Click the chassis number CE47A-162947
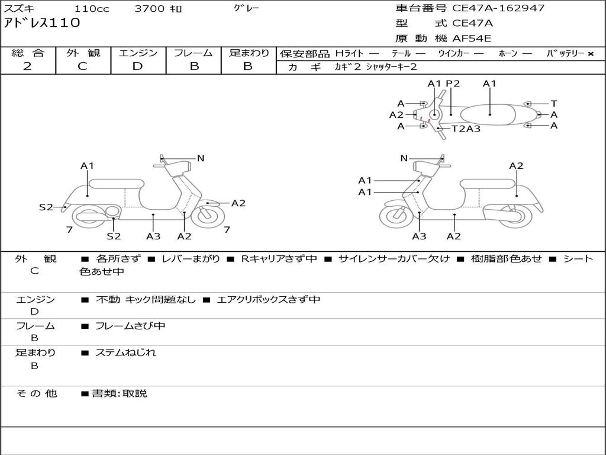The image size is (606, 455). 498,8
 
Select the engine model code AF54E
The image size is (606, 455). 472,39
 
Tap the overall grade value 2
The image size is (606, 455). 27,66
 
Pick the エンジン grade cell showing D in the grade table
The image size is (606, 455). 137,66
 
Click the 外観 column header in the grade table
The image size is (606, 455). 83,53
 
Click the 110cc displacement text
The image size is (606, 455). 91,9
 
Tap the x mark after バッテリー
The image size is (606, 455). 591,54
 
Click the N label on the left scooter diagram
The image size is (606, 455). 201,158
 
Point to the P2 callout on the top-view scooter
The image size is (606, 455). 453,84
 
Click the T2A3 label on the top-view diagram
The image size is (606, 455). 466,129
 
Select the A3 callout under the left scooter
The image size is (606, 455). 153,236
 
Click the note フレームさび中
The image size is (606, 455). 130,326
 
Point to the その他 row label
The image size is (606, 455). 36,393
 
